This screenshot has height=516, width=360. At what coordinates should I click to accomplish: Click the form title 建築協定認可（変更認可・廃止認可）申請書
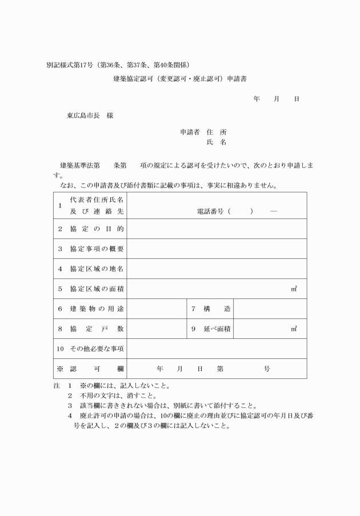pyautogui.click(x=180, y=79)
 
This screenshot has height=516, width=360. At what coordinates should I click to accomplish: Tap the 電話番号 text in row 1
pyautogui.click(x=211, y=211)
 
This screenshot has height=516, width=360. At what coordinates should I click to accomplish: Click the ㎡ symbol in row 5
pyautogui.click(x=294, y=289)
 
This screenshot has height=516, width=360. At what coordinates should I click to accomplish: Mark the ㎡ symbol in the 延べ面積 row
pyautogui.click(x=294, y=329)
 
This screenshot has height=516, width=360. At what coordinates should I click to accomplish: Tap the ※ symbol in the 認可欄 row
pyautogui.click(x=60, y=369)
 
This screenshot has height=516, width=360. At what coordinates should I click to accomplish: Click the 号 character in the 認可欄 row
pyautogui.click(x=267, y=369)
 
